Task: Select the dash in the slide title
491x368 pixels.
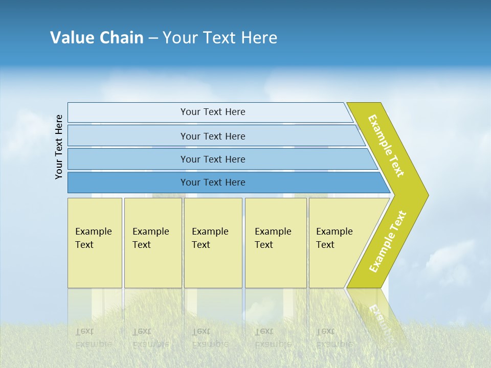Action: pyautogui.click(x=153, y=38)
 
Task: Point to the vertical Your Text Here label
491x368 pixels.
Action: pyautogui.click(x=59, y=147)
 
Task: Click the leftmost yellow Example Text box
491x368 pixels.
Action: pyautogui.click(x=95, y=243)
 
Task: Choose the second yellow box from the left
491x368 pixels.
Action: pyautogui.click(x=153, y=243)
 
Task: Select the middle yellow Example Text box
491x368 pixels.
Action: pyautogui.click(x=213, y=243)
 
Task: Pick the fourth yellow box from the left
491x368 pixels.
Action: pyautogui.click(x=276, y=243)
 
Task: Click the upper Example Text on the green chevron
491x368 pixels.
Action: pyautogui.click(x=386, y=146)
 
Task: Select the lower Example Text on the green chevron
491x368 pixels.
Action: pyautogui.click(x=388, y=242)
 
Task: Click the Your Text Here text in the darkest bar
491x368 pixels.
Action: pyautogui.click(x=213, y=182)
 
